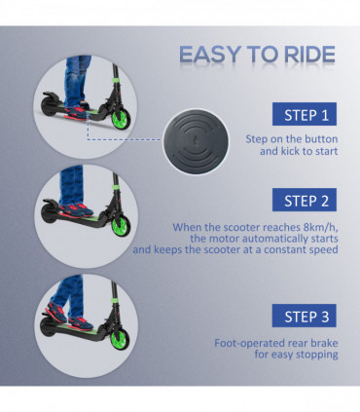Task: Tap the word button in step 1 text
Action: tap(310, 140)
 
